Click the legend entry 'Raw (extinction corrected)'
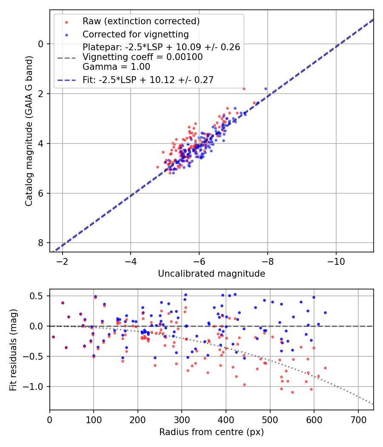coord(141,21)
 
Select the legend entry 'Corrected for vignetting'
coord(135,34)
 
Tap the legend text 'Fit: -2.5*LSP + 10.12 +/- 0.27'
coord(148,80)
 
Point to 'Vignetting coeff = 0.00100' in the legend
coord(143,57)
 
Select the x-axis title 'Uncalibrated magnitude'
coord(212,274)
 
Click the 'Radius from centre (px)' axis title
coord(212,432)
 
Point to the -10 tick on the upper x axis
coord(336,261)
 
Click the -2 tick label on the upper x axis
coord(63,261)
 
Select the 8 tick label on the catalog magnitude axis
coord(41,243)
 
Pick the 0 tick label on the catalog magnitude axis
coord(41,44)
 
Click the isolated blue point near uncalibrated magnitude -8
coord(266,89)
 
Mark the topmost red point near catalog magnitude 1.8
coord(244,89)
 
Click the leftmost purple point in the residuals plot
coord(53,337)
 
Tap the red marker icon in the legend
coord(66,21)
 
